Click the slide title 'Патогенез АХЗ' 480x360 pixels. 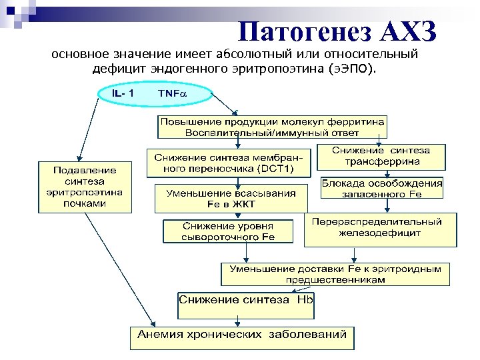[x=337, y=31]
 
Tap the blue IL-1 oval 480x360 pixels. [x=123, y=93]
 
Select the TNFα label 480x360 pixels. [x=173, y=94]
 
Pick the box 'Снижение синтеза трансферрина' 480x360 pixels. [x=381, y=156]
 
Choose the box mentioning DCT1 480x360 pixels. [x=229, y=163]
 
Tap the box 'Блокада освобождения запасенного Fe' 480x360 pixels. [x=382, y=187]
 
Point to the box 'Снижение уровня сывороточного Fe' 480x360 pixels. [x=229, y=231]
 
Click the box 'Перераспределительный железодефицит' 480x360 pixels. [x=381, y=228]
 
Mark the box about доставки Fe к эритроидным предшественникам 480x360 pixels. [x=335, y=274]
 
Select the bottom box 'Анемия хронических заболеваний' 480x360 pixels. [x=242, y=335]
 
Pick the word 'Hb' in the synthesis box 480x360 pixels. [x=305, y=300]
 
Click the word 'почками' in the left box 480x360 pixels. [x=85, y=203]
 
